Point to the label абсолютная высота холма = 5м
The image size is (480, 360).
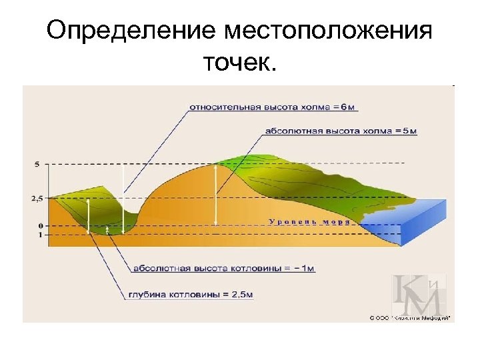(x=341, y=131)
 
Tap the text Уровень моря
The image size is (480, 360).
(x=309, y=221)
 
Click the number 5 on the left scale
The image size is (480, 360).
(x=37, y=163)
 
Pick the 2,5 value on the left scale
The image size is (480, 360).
(x=37, y=198)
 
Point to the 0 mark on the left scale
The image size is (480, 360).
(x=39, y=226)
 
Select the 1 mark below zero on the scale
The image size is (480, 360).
(x=39, y=235)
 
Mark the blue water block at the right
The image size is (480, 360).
(x=420, y=223)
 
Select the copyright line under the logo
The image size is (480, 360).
(x=409, y=318)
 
